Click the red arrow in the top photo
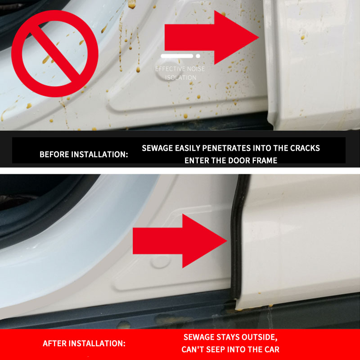tap(211, 37)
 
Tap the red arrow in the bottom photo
tap(180, 241)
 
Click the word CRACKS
tap(305, 148)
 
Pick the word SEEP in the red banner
tap(216, 350)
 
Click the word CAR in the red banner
tap(272, 350)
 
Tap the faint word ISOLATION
tap(181, 77)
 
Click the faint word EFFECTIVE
tap(170, 69)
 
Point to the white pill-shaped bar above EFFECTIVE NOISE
tap(177, 56)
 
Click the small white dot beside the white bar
tap(198, 56)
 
